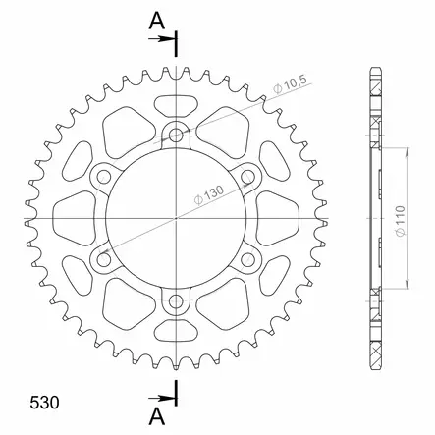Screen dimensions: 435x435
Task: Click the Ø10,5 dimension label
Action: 290,84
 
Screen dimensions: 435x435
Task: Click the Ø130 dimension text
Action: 209,195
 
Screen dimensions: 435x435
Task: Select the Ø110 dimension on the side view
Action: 401,221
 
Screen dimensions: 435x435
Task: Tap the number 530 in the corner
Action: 44,403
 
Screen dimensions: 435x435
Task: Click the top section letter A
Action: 157,22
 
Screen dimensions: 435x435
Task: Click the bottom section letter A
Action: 157,417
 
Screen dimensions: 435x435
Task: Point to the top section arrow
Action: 160,39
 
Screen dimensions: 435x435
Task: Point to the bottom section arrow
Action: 160,399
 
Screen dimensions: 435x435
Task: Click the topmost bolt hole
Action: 176,135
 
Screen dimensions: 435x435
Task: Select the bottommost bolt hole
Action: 176,301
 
